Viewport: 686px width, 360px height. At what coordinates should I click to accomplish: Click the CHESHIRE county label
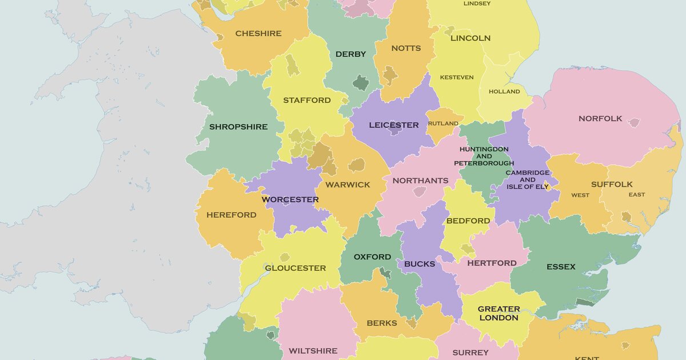[x=258, y=34]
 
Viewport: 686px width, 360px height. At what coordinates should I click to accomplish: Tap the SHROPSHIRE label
[x=238, y=127]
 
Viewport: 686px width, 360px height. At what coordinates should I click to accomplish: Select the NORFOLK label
[x=600, y=119]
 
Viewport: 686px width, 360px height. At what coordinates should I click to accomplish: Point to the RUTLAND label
[x=443, y=123]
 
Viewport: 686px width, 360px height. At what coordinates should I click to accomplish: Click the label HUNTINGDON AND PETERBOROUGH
[x=484, y=156]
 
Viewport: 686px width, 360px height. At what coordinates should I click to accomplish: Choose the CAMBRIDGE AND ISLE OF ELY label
[x=528, y=179]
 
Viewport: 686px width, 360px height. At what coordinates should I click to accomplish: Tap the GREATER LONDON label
[x=498, y=313]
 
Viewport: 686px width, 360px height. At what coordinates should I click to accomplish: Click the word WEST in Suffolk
[x=580, y=195]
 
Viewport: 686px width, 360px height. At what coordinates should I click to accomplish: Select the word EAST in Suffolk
[x=637, y=195]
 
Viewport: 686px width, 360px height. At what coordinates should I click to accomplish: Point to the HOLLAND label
[x=504, y=91]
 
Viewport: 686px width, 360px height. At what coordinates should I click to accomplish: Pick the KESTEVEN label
[x=457, y=78]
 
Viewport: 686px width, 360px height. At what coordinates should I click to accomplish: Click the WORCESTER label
[x=290, y=200]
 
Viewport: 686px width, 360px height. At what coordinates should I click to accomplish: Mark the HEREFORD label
[x=232, y=215]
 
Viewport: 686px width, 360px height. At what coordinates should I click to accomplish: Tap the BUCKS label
[x=420, y=265]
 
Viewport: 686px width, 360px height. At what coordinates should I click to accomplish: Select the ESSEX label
[x=561, y=267]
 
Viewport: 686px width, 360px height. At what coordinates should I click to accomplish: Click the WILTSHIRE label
[x=313, y=351]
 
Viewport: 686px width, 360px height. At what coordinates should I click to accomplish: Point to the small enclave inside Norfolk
[x=633, y=123]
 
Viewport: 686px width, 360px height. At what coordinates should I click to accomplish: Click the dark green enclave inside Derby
[x=361, y=83]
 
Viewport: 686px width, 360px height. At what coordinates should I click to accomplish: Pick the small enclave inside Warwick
[x=357, y=165]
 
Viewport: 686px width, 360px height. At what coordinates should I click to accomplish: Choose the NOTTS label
[x=406, y=49]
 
